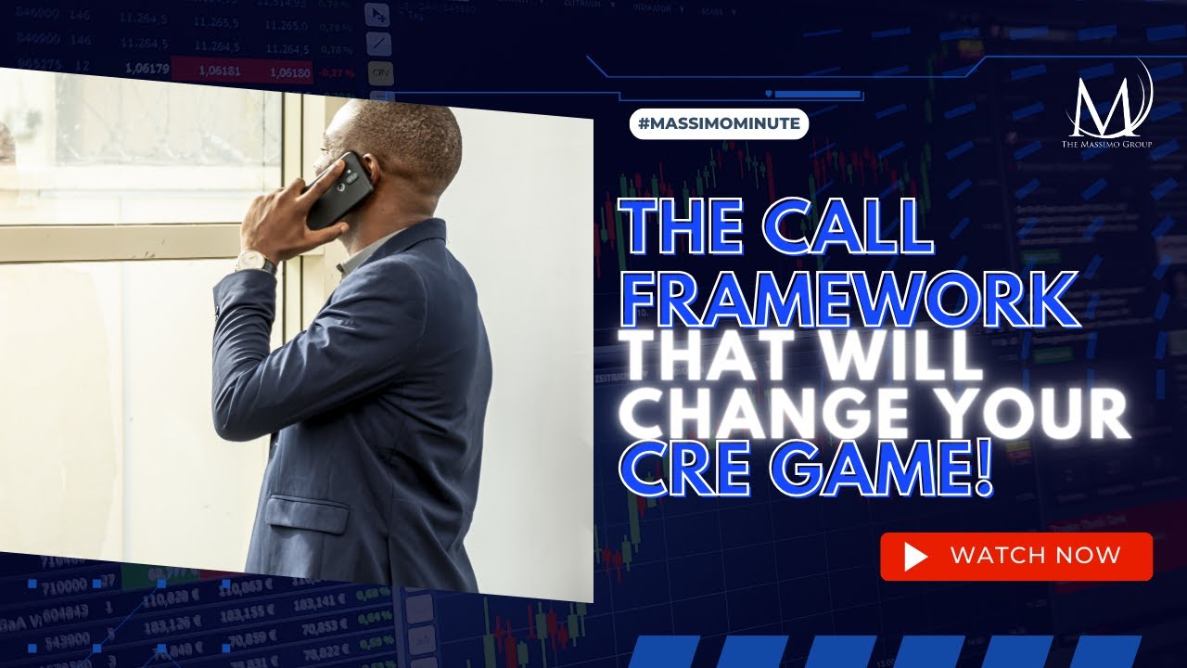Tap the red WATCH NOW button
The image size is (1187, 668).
(x=1015, y=557)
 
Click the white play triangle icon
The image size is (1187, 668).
(x=915, y=557)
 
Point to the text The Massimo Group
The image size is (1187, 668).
(x=1106, y=145)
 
